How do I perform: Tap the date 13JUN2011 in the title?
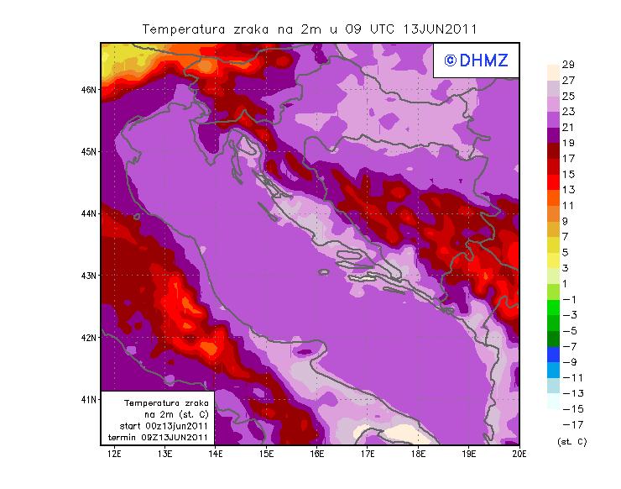coord(440,29)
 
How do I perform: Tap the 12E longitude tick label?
coord(115,455)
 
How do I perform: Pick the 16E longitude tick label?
coord(317,455)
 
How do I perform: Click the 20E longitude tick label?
coord(519,455)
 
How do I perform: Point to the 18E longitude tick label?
coord(419,455)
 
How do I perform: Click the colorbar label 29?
coord(567,65)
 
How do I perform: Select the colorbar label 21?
coord(567,127)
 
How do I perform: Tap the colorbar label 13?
coord(567,190)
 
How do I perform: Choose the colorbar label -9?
coord(568,361)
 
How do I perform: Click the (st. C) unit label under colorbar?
coord(571,441)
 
